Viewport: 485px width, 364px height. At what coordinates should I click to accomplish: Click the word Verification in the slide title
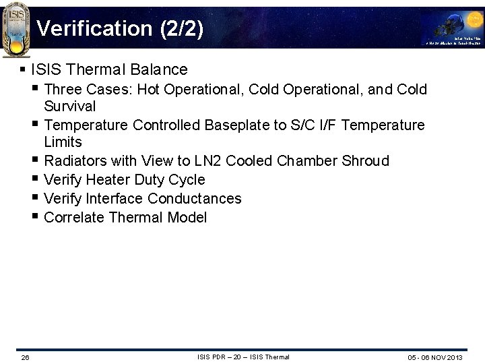[x=86, y=28]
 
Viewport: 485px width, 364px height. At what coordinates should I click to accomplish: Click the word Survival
[x=70, y=107]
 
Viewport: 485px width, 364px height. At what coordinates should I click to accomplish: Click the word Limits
[x=63, y=142]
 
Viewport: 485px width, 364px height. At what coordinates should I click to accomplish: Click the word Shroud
[x=366, y=161]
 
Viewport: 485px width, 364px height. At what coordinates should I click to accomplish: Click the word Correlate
[x=74, y=218]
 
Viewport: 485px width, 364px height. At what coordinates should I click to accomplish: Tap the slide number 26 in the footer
[x=25, y=357]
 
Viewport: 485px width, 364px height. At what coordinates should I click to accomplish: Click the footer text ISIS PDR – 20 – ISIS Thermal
[x=243, y=357]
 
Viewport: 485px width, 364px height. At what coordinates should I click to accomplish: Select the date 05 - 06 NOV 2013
[x=435, y=357]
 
